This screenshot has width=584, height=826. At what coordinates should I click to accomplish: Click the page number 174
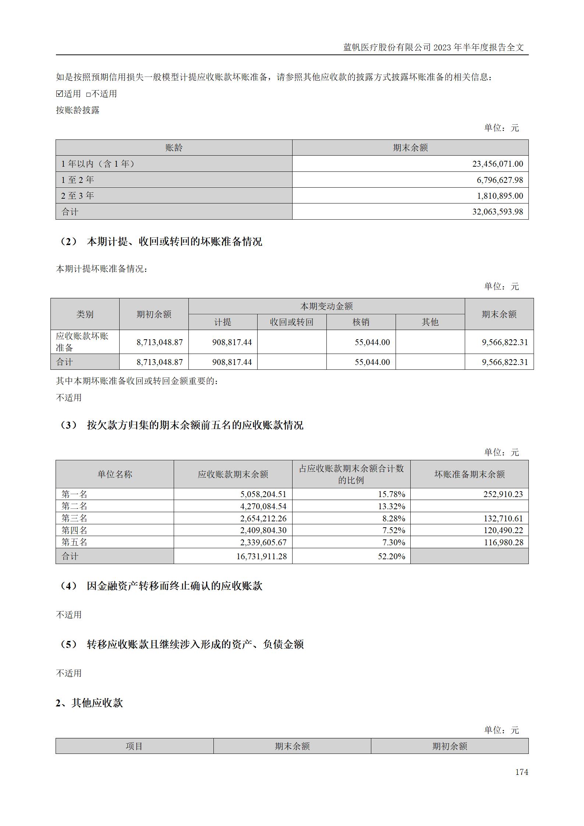point(521,772)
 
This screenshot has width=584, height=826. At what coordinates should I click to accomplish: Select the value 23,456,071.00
point(498,164)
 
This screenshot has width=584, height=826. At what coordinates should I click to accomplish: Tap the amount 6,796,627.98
point(500,180)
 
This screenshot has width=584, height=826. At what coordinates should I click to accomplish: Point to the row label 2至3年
point(78,196)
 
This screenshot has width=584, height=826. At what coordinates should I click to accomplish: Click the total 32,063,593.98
point(498,212)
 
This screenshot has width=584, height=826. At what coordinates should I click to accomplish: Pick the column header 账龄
point(174,148)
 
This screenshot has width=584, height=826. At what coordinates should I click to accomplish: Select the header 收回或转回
point(291,322)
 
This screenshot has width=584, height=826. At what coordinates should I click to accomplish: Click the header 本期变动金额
point(326,306)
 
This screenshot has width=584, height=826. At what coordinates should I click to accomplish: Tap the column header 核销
point(361,322)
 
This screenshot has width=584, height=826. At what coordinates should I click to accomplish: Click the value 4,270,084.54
point(263,506)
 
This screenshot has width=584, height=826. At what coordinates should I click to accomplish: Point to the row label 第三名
point(74,518)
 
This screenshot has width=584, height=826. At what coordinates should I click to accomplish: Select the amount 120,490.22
point(503,530)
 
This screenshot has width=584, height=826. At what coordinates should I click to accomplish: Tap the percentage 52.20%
point(391,556)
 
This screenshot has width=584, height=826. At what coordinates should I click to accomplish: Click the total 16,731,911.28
point(261,556)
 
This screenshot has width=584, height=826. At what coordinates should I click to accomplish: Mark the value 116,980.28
point(503,542)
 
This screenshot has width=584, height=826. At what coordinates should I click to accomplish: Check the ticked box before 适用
point(59,94)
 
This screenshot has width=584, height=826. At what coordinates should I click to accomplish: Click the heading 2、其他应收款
point(89,703)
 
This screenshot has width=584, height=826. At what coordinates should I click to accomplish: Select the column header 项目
point(134,746)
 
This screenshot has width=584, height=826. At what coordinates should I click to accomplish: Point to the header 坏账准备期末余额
point(469,474)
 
